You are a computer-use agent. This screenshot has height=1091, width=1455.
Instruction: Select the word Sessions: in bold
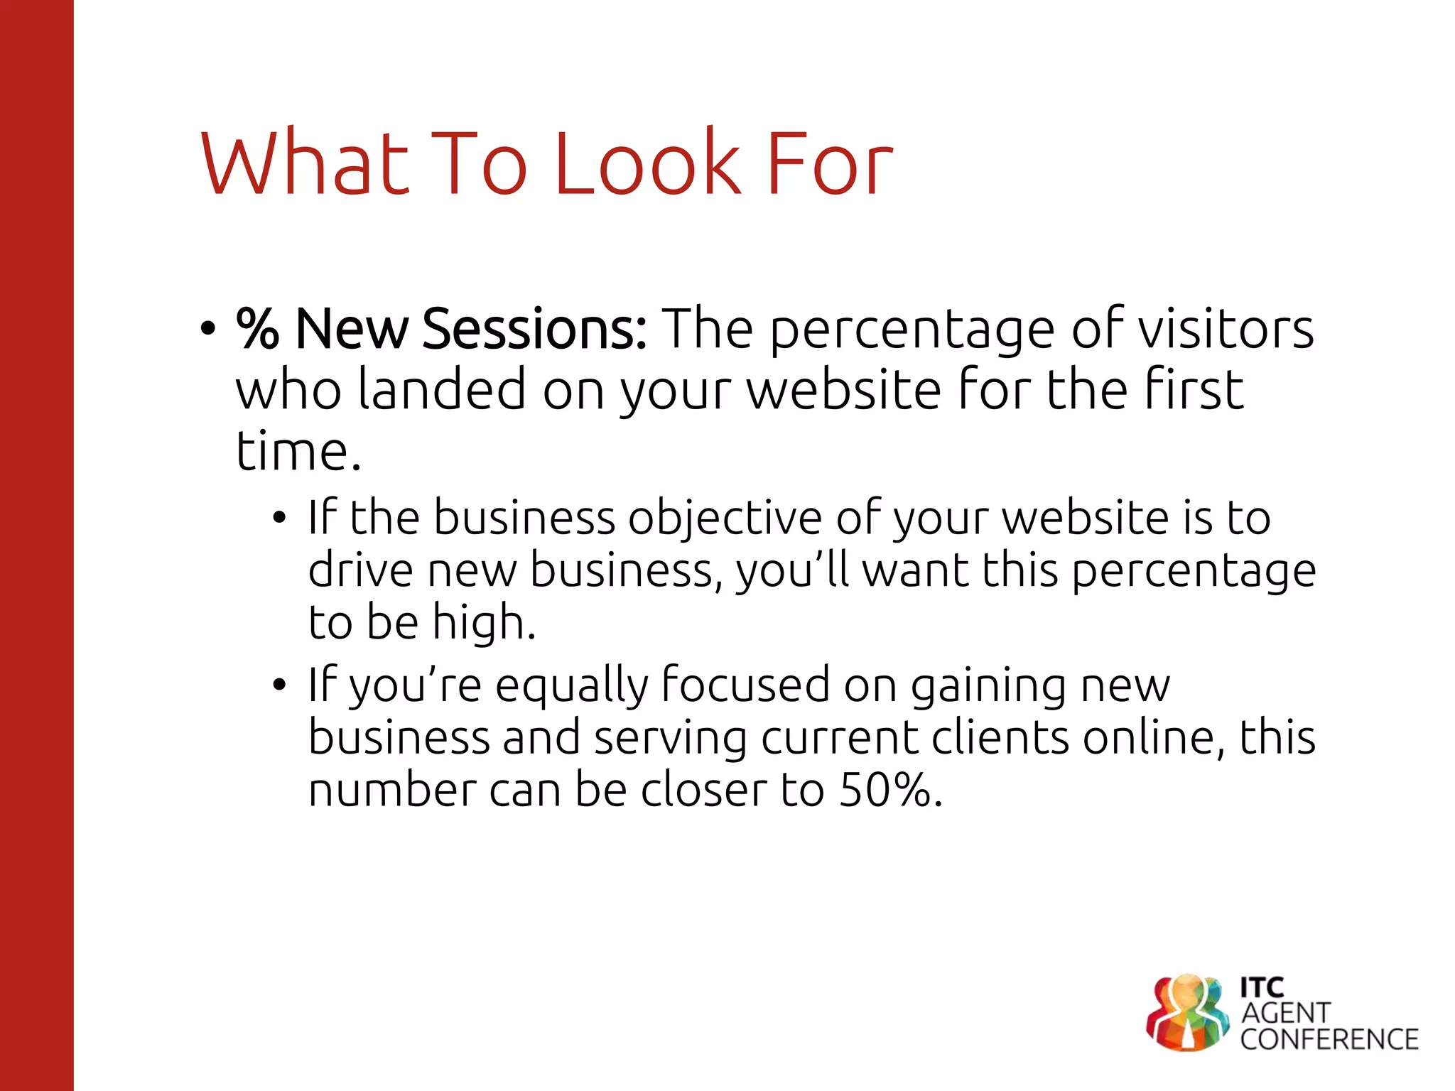click(x=534, y=329)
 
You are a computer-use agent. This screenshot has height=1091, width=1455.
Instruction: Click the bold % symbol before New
click(x=257, y=329)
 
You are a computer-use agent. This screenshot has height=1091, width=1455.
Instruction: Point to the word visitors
click(x=1226, y=329)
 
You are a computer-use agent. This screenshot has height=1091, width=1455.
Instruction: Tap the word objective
click(x=725, y=519)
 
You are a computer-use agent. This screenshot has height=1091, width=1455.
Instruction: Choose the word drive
click(x=360, y=570)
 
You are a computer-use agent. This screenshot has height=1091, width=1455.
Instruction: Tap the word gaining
click(x=988, y=686)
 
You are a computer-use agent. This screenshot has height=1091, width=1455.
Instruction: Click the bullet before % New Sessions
click(x=207, y=330)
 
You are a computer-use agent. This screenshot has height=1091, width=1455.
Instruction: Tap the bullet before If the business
click(x=279, y=518)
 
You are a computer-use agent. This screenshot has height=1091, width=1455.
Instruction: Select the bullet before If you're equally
click(x=279, y=685)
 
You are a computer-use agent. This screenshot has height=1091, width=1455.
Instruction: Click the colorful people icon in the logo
click(x=1186, y=1012)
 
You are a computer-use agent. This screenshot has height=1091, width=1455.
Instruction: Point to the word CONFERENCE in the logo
click(x=1329, y=1039)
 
